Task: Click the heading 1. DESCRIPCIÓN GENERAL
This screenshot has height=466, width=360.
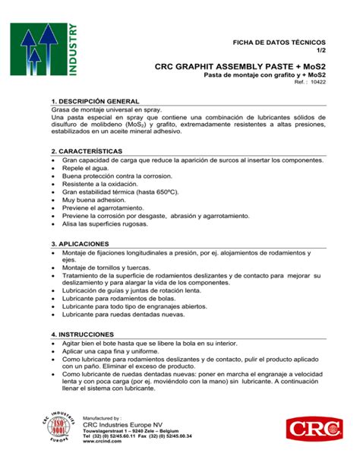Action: [x=94, y=101]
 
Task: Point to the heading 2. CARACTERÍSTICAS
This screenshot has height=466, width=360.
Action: [x=87, y=152]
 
